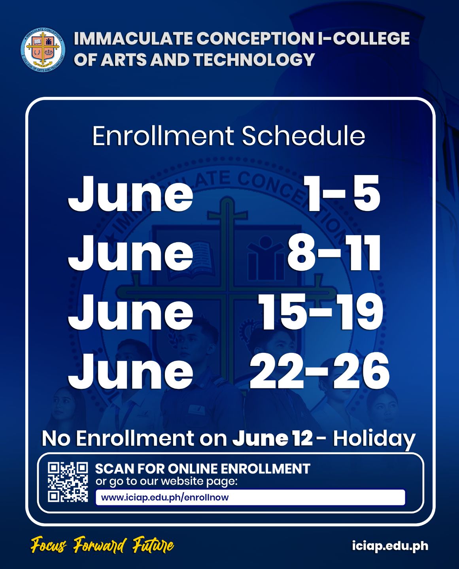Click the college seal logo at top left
click(43, 50)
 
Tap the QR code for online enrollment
click(68, 482)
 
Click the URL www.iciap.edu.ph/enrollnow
click(165, 497)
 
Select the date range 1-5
click(342, 194)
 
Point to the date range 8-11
click(334, 253)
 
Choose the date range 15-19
click(321, 312)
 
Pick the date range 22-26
click(319, 371)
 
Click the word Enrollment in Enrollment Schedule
click(163, 136)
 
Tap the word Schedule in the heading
click(303, 136)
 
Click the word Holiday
click(374, 439)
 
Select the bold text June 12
click(272, 439)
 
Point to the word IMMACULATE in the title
click(133, 39)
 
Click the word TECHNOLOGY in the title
click(254, 60)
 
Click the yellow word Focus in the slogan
click(49, 546)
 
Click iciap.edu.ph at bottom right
click(390, 546)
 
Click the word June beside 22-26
click(130, 371)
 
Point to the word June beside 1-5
click(130, 194)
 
